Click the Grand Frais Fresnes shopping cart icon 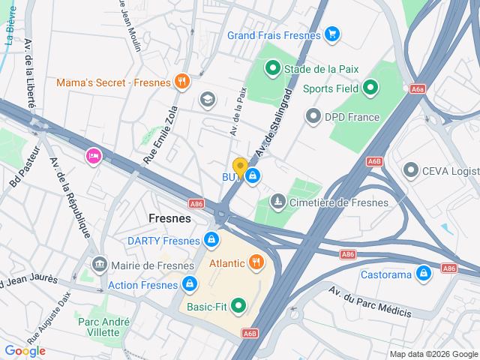click(x=332, y=34)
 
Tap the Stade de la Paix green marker click(x=272, y=69)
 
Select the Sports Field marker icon click(x=369, y=88)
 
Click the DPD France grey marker click(x=313, y=116)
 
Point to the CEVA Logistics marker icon click(x=410, y=170)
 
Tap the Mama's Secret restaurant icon click(x=181, y=82)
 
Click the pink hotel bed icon click(x=94, y=156)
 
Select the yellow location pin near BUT click(x=240, y=166)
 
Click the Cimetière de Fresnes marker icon click(x=278, y=202)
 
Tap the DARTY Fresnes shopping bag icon click(x=212, y=240)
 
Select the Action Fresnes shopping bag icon click(x=190, y=284)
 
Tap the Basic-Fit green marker click(x=238, y=305)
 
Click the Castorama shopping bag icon click(x=424, y=274)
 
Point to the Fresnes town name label click(x=169, y=218)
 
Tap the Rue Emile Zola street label click(x=160, y=135)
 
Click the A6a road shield click(x=418, y=88)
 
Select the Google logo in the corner click(x=25, y=350)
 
